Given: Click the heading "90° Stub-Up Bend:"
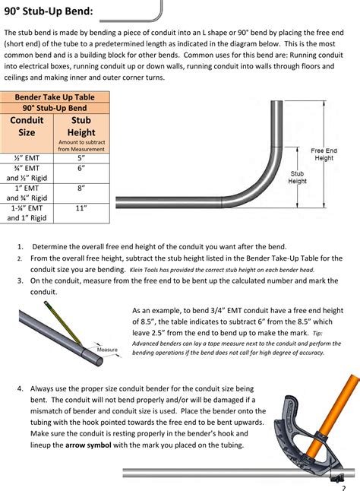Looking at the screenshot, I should (49, 11).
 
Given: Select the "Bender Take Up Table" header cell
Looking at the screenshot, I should (55, 97).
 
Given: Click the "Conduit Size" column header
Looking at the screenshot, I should (27, 126).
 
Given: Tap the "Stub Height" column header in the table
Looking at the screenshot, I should (81, 126).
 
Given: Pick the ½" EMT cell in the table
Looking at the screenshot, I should (27, 158).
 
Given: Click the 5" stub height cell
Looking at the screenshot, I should (81, 158).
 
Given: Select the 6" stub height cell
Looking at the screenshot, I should (81, 169).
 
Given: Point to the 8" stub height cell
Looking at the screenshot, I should (81, 187).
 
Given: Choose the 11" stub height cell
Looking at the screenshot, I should (81, 207).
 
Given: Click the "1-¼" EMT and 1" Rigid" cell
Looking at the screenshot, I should (27, 212).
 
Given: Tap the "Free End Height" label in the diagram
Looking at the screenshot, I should (324, 154).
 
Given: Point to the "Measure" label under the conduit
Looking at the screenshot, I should (106, 350).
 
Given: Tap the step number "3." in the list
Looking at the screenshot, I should (21, 280).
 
